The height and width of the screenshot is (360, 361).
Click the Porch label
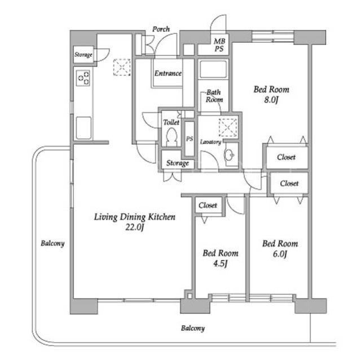(161, 29)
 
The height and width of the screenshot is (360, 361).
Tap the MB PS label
(219, 45)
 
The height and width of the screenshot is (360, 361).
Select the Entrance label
(168, 73)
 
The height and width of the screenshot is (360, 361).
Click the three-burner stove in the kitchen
(83, 78)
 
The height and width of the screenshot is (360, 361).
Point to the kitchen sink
(83, 128)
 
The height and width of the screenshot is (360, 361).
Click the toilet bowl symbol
(171, 137)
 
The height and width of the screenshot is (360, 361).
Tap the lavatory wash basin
(229, 155)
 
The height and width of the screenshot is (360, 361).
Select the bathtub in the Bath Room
(213, 69)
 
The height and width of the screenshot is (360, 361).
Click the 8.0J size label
(271, 100)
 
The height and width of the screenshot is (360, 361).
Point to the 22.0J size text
(135, 228)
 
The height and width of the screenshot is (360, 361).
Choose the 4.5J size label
(221, 264)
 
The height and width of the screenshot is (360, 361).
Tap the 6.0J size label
(280, 254)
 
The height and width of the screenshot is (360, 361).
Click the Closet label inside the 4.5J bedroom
(208, 205)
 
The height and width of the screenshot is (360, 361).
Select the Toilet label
(171, 122)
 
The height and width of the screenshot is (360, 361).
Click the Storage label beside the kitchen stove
(83, 55)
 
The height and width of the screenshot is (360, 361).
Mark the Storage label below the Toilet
(178, 163)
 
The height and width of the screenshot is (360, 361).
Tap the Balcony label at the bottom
(193, 328)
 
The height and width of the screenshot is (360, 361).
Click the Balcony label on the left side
(52, 243)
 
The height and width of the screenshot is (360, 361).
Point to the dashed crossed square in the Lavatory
(228, 127)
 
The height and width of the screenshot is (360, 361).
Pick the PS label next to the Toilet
(190, 139)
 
